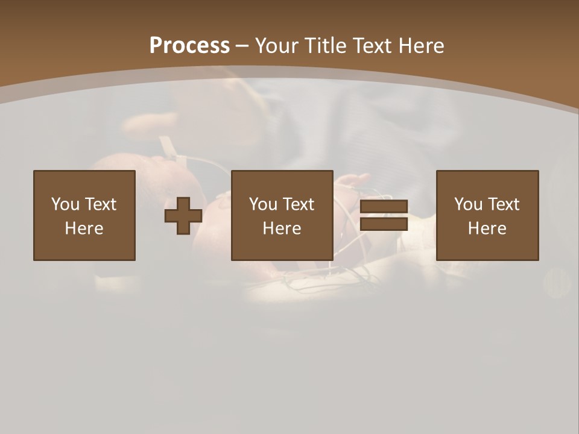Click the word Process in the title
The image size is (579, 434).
189,45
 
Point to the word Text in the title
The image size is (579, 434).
371,45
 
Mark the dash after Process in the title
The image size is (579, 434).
242,46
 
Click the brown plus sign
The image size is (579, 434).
183,216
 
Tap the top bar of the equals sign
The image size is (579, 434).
384,207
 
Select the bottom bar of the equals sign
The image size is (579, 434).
384,224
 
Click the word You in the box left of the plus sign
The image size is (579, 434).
65,204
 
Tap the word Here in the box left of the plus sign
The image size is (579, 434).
84,228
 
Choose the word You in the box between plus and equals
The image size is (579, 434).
262,204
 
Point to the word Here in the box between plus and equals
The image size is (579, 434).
282,228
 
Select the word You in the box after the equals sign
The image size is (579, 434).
467,204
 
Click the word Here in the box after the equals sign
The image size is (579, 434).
487,228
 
